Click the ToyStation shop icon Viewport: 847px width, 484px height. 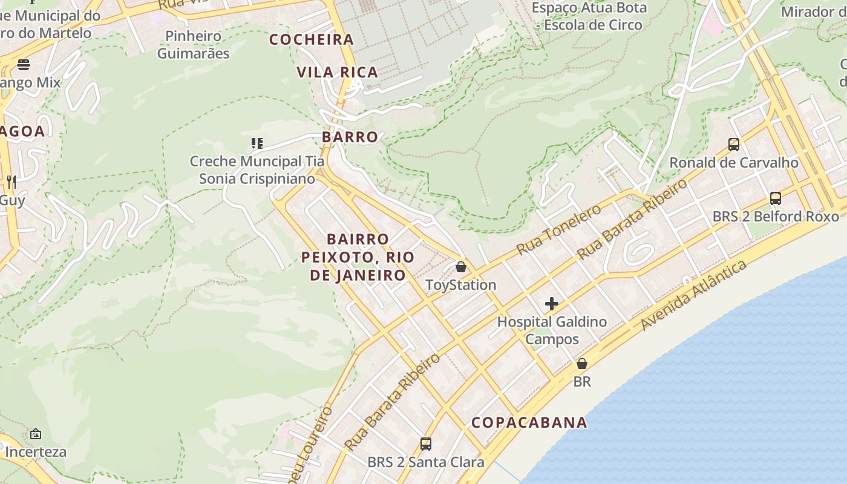[461, 267]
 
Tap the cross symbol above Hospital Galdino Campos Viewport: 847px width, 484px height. [552, 304]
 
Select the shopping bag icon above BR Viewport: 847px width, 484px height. [582, 364]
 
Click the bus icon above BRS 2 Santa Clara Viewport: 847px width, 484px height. [426, 444]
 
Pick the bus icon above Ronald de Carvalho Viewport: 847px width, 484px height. [734, 145]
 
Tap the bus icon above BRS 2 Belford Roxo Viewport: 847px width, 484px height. [776, 198]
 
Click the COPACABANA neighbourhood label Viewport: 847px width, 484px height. [529, 422]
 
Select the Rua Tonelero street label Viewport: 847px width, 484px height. [558, 229]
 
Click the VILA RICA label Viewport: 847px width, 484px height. [337, 73]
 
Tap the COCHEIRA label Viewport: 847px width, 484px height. [312, 40]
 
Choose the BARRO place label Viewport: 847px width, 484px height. [350, 137]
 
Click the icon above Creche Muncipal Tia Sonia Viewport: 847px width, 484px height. [257, 143]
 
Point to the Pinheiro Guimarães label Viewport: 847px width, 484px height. [194, 45]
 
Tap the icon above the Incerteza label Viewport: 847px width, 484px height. [36, 434]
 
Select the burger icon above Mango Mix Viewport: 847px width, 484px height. [24, 64]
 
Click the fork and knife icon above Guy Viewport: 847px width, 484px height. [11, 181]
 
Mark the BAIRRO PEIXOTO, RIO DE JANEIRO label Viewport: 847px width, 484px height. [358, 257]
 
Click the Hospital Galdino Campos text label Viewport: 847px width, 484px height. [552, 330]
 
